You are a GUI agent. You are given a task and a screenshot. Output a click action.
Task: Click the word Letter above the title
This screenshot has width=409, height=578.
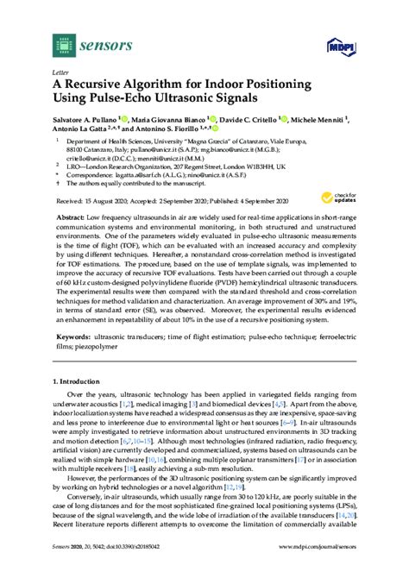coord(60,72)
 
